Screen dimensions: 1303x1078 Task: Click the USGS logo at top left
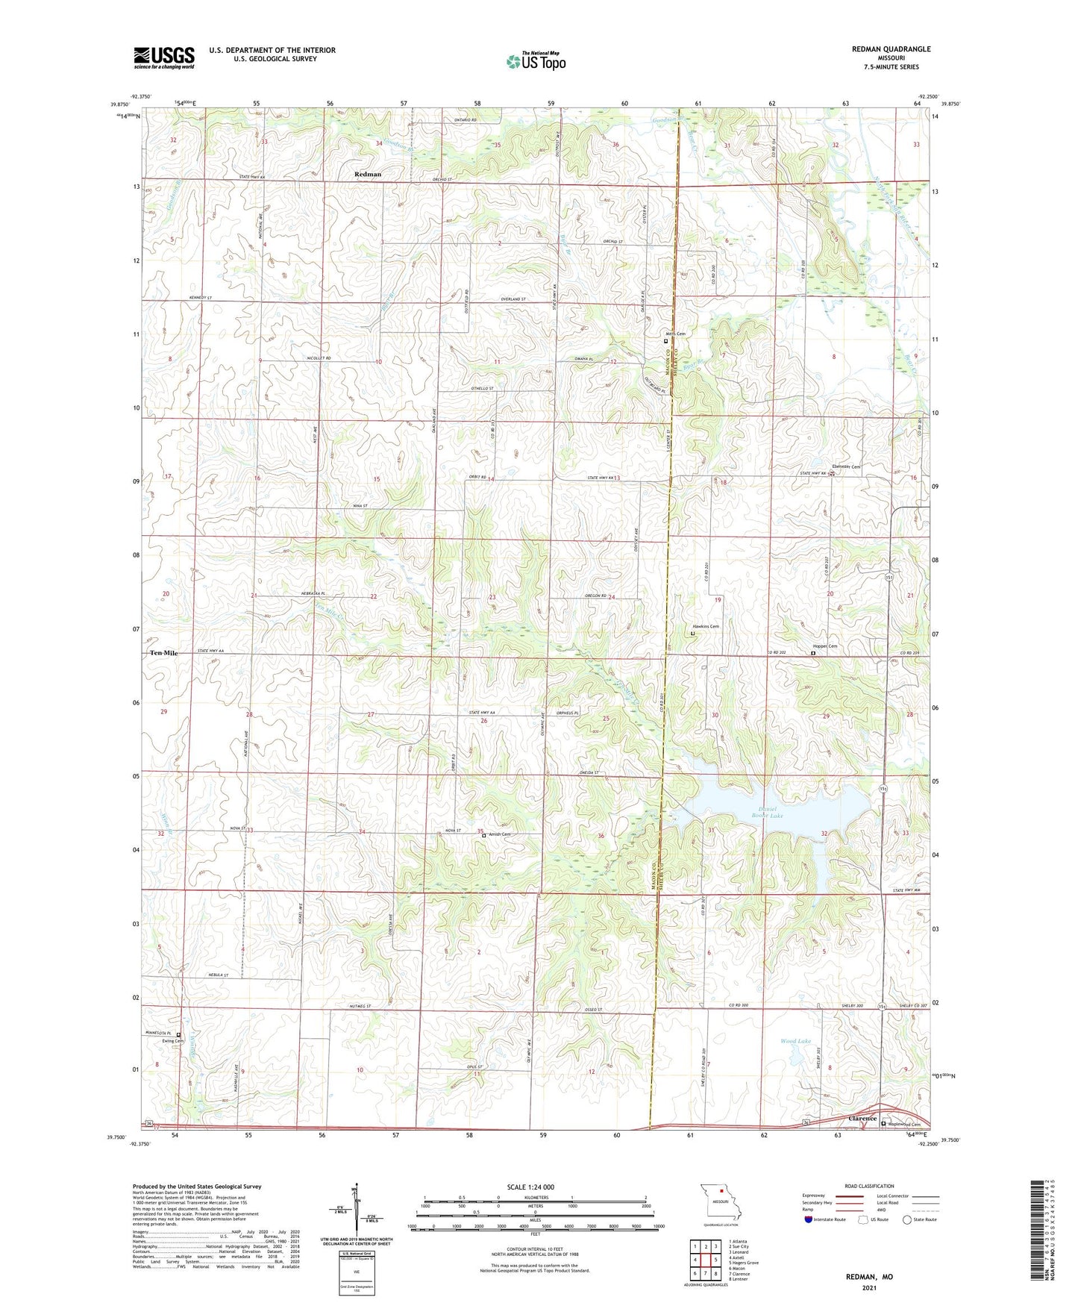click(x=164, y=57)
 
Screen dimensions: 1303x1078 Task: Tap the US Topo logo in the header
click(x=535, y=61)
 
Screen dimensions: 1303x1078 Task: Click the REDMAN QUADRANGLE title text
click(x=891, y=49)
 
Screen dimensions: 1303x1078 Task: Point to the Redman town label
click(x=368, y=174)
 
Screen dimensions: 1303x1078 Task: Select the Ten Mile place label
click(x=164, y=653)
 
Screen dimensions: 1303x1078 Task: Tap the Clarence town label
click(x=862, y=1119)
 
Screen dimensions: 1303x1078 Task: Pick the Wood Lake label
click(x=795, y=1040)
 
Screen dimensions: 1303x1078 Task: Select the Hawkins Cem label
click(x=705, y=626)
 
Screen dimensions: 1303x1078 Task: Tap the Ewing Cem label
click(x=172, y=1041)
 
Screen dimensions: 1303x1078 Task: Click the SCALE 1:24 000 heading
click(x=535, y=1187)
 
